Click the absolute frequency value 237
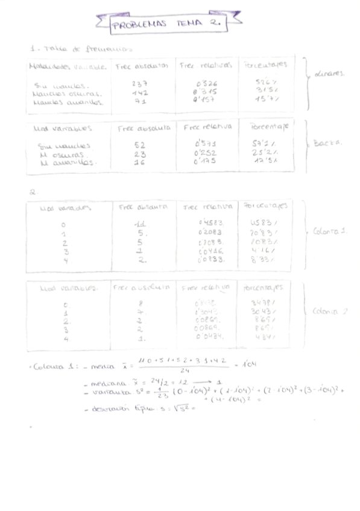coord(140,84)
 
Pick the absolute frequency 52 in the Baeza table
coord(141,145)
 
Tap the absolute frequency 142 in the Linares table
coord(140,93)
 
